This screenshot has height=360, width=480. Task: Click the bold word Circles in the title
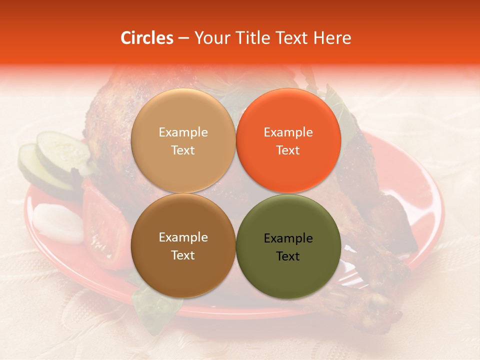(x=147, y=38)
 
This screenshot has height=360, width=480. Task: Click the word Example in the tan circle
(x=183, y=132)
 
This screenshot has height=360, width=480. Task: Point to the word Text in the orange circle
(x=288, y=150)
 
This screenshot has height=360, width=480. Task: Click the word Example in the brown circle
(x=183, y=237)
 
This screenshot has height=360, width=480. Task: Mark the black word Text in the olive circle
(x=288, y=256)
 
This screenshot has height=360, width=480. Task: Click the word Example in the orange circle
(x=288, y=132)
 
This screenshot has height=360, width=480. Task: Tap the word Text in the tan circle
(x=183, y=150)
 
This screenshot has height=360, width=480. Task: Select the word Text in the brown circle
(x=183, y=255)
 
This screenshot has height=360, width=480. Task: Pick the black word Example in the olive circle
(x=288, y=238)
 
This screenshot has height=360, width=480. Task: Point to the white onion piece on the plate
(x=57, y=222)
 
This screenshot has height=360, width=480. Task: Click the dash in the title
(x=183, y=38)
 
